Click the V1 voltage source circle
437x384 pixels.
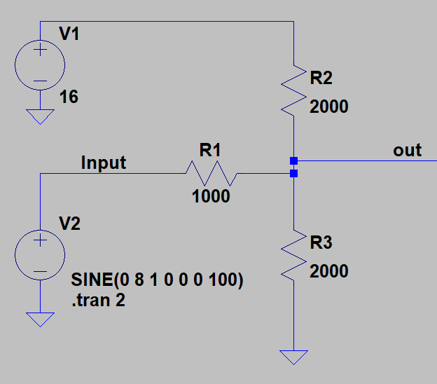[x=40, y=66]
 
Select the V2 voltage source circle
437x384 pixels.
[x=40, y=255]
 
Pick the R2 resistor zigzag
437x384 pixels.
[x=294, y=90]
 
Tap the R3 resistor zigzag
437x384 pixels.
[x=294, y=254]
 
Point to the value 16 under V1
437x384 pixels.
[x=69, y=97]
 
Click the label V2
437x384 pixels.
[x=69, y=224]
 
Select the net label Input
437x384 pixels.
[x=104, y=163]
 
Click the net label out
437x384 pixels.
[x=407, y=150]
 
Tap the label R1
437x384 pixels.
[x=210, y=149]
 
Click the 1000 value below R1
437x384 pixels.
[x=211, y=197]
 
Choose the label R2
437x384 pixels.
[x=321, y=78]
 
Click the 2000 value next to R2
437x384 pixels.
[x=328, y=107]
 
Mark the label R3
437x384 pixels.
[x=321, y=242]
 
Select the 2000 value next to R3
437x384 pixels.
[x=328, y=271]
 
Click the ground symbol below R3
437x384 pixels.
[x=294, y=357]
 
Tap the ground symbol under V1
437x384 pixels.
[x=40, y=116]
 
